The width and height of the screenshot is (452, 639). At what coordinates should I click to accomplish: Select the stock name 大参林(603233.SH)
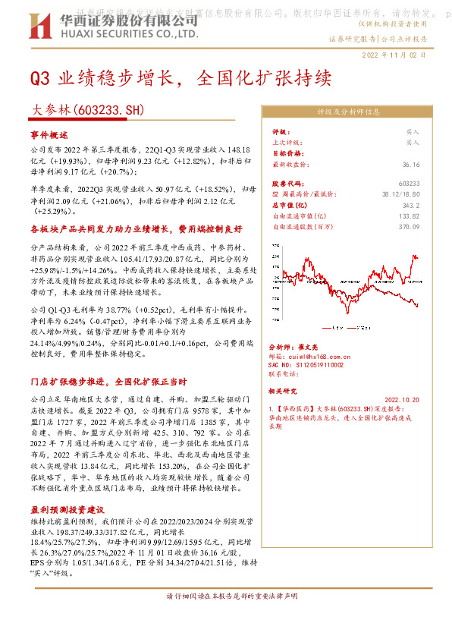pos(87,110)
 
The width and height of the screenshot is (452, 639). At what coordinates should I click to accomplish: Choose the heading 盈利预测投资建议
pos(67,510)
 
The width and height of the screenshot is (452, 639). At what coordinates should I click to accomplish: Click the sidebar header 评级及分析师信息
pos(348,112)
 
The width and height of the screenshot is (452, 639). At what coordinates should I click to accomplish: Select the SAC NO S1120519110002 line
pos(307,365)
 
